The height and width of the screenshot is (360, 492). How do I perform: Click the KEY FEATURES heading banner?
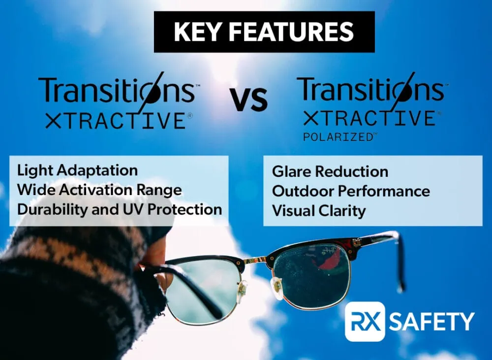(x=264, y=32)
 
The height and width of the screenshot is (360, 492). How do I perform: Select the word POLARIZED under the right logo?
(x=338, y=137)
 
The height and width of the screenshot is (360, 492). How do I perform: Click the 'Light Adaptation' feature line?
(x=78, y=170)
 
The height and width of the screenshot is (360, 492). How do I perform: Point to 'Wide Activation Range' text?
(x=99, y=190)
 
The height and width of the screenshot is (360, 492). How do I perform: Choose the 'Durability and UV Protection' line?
(x=120, y=209)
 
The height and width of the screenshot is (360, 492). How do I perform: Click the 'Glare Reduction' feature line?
(x=330, y=171)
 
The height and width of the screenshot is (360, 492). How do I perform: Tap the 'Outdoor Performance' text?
(x=351, y=191)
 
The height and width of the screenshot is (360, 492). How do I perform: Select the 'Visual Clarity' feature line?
(x=319, y=211)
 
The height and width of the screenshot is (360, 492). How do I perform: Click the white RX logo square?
(x=365, y=322)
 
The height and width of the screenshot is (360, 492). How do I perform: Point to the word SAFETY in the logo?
(x=432, y=321)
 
